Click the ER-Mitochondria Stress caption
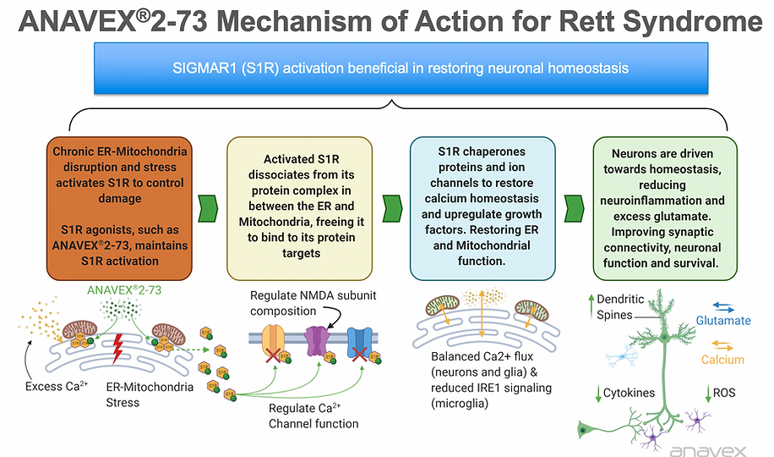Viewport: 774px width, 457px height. coord(139,394)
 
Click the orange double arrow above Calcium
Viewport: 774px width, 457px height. coord(722,344)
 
